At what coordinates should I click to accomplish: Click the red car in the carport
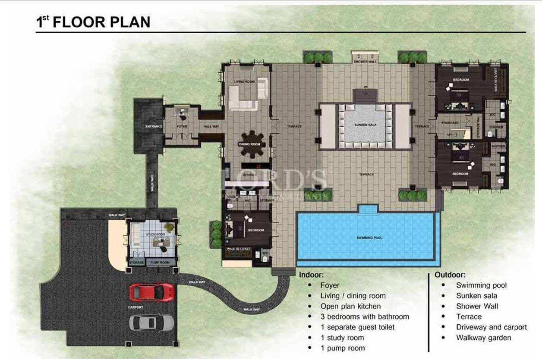point(151,292)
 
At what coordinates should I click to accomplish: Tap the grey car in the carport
point(151,322)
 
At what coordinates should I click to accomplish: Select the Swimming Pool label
point(369,238)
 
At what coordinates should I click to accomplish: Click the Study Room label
point(156,234)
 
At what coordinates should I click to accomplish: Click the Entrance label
point(154,126)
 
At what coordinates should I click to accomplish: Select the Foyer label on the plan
point(182,126)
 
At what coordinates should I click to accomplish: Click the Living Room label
point(244,81)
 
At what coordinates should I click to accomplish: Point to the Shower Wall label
point(365,62)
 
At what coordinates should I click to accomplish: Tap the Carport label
point(135,307)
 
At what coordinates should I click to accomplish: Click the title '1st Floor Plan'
point(93,22)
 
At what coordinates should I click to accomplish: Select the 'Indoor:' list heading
point(311,274)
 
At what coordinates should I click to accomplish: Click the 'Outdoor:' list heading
point(450,275)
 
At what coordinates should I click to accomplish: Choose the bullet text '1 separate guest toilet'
point(357,327)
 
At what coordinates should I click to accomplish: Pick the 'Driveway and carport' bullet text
point(491,327)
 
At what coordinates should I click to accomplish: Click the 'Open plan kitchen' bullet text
point(350,306)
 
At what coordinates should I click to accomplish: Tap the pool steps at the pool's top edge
point(368,209)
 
